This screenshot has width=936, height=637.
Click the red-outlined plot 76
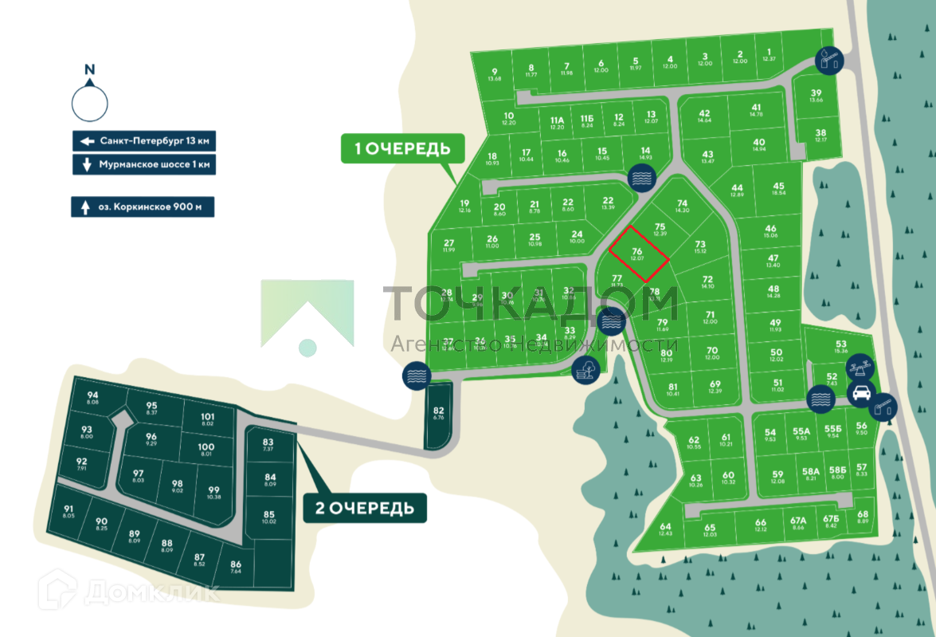point(638,254)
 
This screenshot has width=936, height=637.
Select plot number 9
point(495,75)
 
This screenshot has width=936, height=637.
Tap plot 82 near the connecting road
point(438,414)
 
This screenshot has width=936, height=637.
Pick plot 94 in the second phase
point(92,399)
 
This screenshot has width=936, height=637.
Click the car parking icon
point(862,392)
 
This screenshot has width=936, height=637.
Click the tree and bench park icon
point(585,368)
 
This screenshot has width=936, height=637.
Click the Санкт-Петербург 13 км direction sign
point(144,141)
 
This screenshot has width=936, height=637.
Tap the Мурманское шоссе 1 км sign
point(144,165)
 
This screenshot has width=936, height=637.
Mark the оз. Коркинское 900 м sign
point(143,207)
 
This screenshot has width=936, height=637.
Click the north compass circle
point(90,102)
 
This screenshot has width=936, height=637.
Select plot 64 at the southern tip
point(665,529)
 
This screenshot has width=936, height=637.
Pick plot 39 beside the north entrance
point(816,96)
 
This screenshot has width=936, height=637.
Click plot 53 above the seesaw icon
point(841,346)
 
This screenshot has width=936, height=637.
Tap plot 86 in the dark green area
point(235,567)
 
